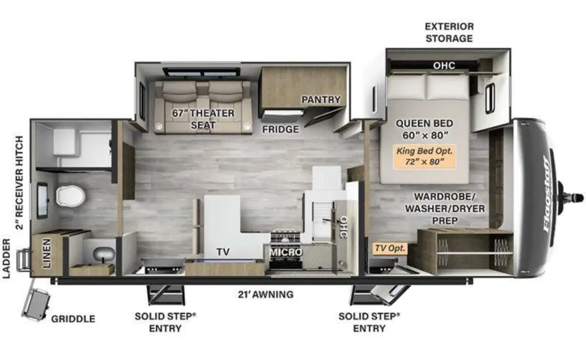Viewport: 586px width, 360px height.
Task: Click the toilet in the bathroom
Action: [x=70, y=196]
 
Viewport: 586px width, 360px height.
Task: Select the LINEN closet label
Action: [x=47, y=254]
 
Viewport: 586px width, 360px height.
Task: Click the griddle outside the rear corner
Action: [x=36, y=304]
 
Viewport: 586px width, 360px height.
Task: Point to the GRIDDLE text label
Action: [x=73, y=319]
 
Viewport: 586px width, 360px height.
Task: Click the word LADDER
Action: [x=7, y=259]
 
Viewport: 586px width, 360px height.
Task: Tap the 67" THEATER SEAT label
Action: [x=203, y=119]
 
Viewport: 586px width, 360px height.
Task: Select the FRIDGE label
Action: [x=280, y=129]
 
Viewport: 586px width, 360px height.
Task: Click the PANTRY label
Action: [x=321, y=100]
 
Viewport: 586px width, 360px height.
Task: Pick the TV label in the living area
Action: [x=223, y=252]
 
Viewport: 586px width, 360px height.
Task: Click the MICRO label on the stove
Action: [x=286, y=252]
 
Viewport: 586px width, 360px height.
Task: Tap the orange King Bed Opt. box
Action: [x=425, y=156]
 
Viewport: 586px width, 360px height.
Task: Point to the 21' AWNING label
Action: [x=266, y=295]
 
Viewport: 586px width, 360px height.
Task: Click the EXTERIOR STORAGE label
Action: [x=449, y=33]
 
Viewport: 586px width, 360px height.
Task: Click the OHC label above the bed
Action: [x=444, y=66]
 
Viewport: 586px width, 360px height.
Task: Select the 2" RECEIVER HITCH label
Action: [x=19, y=183]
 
